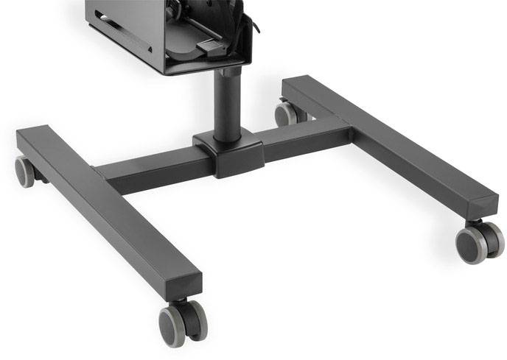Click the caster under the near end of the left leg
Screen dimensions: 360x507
pos(183,322)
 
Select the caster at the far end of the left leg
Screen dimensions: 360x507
pos(25,172)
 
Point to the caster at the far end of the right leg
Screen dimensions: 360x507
pos(286,113)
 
